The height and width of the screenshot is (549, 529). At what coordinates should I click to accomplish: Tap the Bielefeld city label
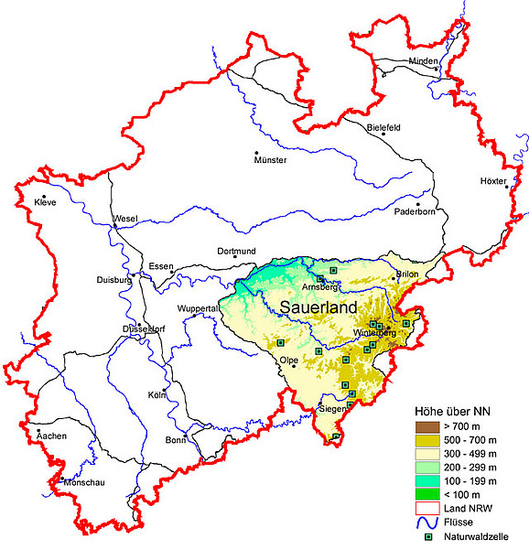pos(384,127)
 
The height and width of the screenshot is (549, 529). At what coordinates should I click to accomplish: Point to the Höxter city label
pos(492,181)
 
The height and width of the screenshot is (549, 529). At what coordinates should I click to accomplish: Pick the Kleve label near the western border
pos(45,201)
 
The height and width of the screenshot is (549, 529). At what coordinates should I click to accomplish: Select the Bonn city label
pos(175,440)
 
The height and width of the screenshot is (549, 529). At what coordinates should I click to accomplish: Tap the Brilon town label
pos(406,275)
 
